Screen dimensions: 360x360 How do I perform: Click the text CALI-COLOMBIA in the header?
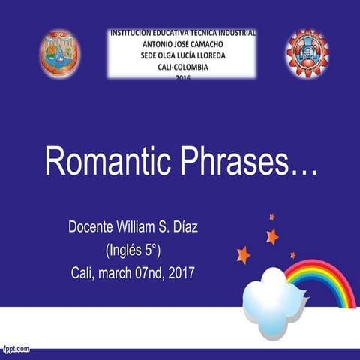(x=183, y=66)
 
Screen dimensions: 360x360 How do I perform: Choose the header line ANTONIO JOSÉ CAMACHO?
(x=183, y=44)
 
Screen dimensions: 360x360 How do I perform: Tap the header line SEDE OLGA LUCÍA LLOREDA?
(x=183, y=55)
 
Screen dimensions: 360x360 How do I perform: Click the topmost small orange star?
(x=271, y=217)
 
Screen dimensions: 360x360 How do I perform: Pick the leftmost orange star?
(x=243, y=255)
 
